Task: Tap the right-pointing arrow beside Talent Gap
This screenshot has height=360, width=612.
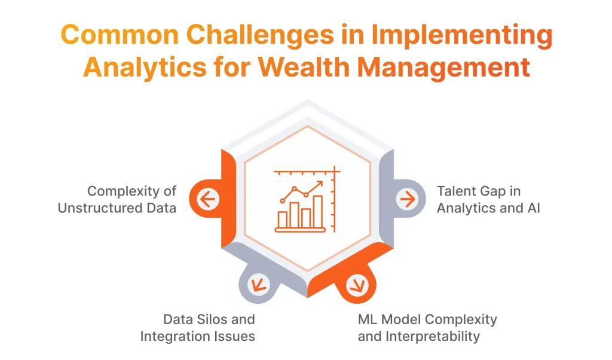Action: click(408, 199)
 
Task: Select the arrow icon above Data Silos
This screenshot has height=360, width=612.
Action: click(259, 284)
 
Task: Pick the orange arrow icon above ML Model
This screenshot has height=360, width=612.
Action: click(357, 284)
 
